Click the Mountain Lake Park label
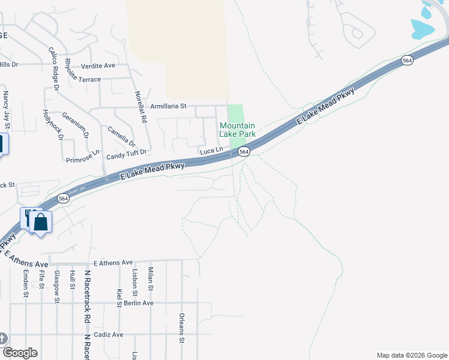point(238,130)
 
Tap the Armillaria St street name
point(168,106)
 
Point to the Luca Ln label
point(211,149)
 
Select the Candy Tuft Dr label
point(127,156)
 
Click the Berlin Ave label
point(139,303)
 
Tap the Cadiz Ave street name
point(108,335)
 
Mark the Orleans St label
point(181,328)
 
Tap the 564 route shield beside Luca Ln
point(244,152)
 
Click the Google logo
point(19,353)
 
